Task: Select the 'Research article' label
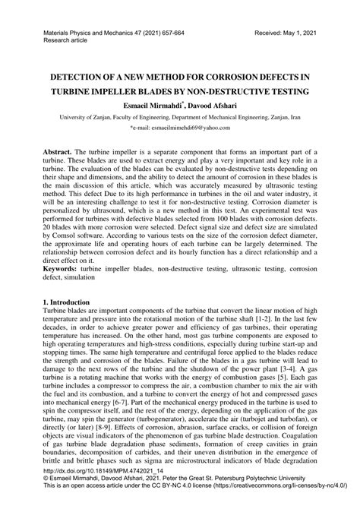tap(56, 43)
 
